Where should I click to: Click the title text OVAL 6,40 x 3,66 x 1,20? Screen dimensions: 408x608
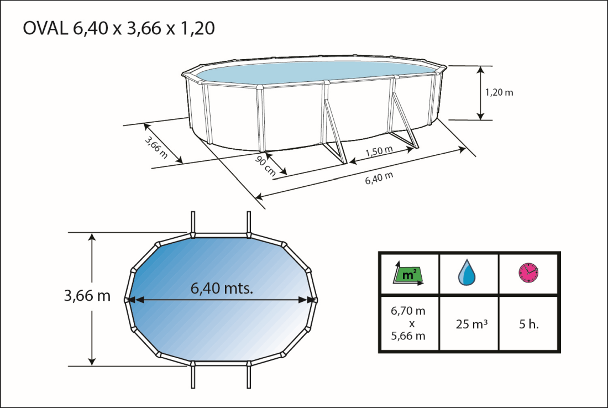(x=119, y=29)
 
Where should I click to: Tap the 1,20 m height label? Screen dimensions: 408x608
(x=499, y=92)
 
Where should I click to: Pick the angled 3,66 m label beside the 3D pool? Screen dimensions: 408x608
(x=156, y=147)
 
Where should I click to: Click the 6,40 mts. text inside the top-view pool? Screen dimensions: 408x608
(x=222, y=288)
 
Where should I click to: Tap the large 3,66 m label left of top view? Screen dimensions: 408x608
(x=87, y=296)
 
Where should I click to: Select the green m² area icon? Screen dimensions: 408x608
(x=409, y=274)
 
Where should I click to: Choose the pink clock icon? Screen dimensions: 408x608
(x=528, y=272)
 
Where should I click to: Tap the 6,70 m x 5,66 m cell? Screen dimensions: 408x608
(x=408, y=323)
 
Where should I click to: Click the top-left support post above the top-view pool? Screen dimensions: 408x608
(x=193, y=223)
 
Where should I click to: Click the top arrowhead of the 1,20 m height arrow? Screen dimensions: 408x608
(x=480, y=70)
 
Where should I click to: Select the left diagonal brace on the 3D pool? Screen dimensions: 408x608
(x=334, y=133)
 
